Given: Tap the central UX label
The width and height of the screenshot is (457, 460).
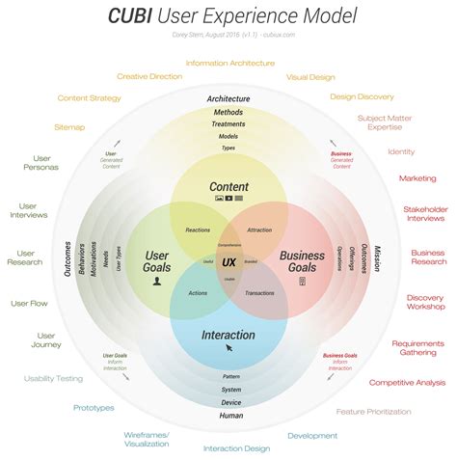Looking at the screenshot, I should coord(228,261).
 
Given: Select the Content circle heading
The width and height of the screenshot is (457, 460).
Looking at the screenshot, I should coord(228,186).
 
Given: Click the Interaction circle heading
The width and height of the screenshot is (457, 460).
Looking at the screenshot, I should coord(228,336).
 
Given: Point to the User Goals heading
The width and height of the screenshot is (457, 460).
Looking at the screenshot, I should coord(156,261).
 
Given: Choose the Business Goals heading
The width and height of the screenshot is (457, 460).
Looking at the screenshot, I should coord(302,261).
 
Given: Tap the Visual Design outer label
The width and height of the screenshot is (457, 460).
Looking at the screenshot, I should coord(311,76).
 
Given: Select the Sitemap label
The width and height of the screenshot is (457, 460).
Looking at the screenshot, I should coord(69,126).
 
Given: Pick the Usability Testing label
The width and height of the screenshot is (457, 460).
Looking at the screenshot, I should coord(53,378).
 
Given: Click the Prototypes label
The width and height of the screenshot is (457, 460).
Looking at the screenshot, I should coord(94,408).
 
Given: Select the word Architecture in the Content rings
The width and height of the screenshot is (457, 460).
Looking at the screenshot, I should coord(228,98).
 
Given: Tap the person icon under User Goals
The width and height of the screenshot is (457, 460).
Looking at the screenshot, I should coord(156,284).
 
